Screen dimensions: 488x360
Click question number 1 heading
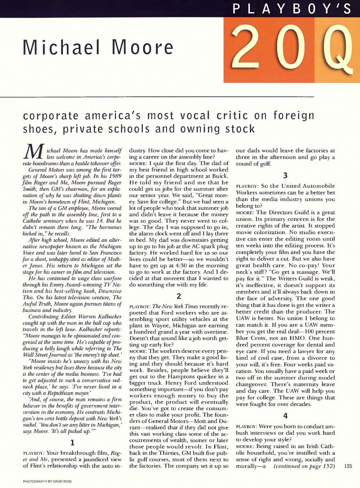point(72,444)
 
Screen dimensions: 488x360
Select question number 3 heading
point(285,175)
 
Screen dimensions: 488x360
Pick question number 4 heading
point(285,416)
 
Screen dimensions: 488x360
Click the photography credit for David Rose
point(47,482)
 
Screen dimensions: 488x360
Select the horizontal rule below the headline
point(157,97)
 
